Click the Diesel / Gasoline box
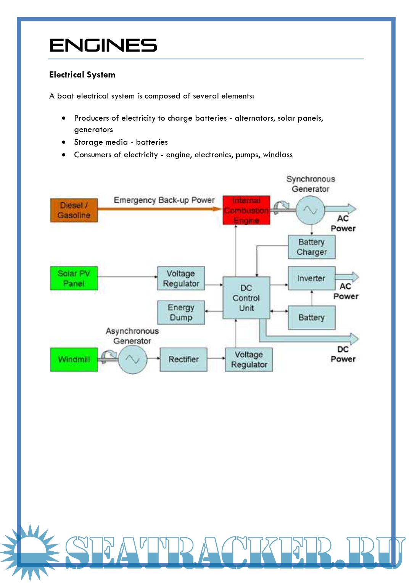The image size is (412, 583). (x=74, y=210)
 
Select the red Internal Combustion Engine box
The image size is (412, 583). (x=246, y=210)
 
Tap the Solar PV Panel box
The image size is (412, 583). (x=74, y=278)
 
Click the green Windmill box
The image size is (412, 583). (x=74, y=359)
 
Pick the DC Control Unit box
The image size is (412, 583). (x=246, y=298)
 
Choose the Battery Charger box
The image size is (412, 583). (x=312, y=247)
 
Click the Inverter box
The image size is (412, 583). (x=312, y=278)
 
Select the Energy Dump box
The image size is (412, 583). (x=181, y=312)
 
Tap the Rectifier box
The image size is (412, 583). (x=183, y=359)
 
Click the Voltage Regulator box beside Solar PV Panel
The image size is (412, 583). (x=181, y=278)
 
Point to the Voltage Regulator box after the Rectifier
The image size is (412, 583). (x=249, y=359)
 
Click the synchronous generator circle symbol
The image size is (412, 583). (x=310, y=210)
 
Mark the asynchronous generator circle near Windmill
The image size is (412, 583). (x=132, y=359)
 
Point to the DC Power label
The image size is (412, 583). (x=343, y=354)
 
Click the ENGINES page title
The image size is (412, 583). (x=103, y=45)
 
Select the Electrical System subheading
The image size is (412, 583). (x=82, y=75)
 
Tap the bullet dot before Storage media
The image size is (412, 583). (x=64, y=142)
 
